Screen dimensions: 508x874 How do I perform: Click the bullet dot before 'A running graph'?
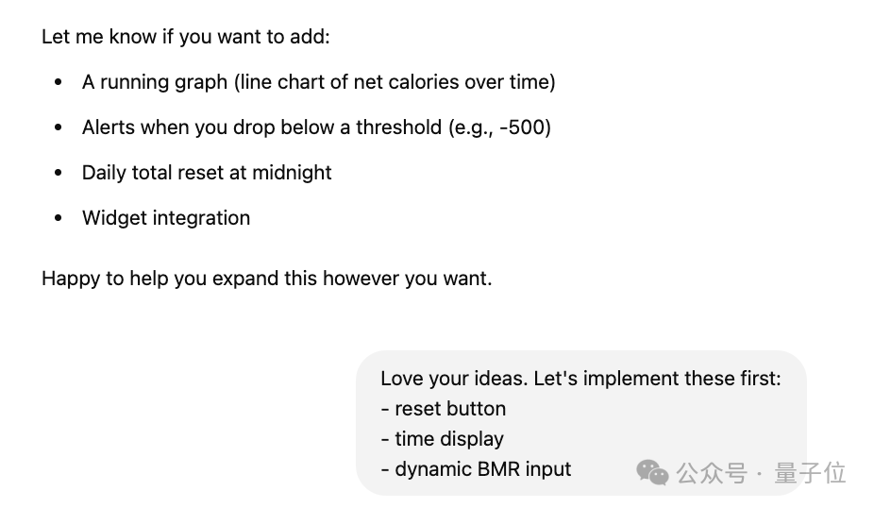point(59,82)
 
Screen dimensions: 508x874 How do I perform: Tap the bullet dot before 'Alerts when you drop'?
point(59,127)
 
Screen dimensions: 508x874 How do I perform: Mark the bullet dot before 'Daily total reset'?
point(59,173)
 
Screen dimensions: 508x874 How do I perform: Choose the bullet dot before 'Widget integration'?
point(59,218)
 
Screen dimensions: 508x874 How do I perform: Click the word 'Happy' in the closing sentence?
point(69,279)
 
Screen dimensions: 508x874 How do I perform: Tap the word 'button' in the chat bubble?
point(476,409)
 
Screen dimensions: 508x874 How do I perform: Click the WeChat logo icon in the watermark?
point(652,472)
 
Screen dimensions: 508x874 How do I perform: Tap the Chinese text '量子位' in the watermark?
point(810,472)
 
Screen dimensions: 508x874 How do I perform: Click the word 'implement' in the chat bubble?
point(624,379)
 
